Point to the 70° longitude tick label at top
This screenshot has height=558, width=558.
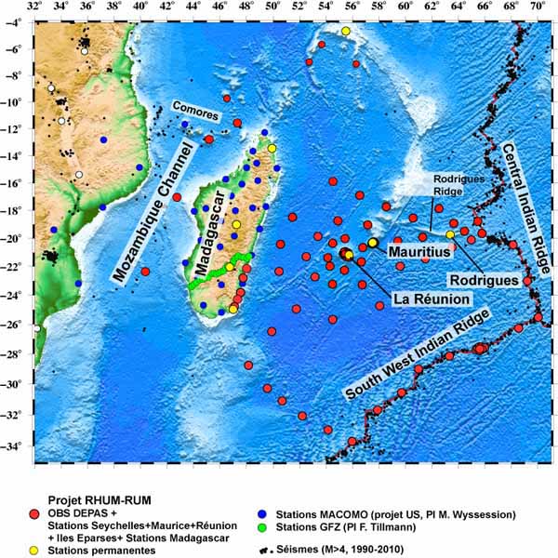[538, 8]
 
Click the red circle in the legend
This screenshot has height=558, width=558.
[34, 513]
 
